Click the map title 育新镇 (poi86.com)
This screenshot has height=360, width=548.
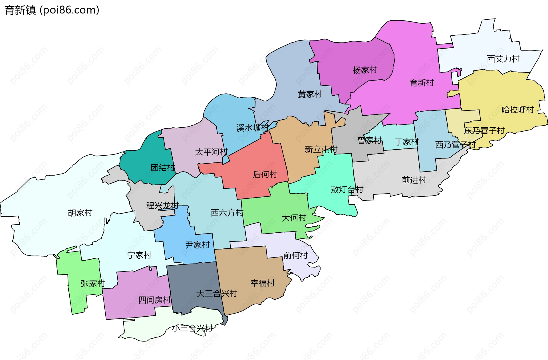pos(52,10)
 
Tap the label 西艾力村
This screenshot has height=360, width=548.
pos(503,59)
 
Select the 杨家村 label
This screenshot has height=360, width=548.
pos(365,70)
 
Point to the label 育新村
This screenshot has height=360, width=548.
pos(422,83)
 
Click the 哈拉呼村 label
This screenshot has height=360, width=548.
pos(517,110)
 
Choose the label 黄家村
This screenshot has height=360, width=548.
pos(310,94)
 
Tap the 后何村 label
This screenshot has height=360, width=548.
pos(265,174)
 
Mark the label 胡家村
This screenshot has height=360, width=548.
pos(80,213)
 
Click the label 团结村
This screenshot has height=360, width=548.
pos(163,168)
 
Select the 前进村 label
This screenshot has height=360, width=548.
pos(414,180)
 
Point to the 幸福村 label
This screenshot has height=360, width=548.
pos(262,283)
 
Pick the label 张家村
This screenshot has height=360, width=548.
pos(93,283)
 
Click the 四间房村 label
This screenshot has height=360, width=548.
pos(154,300)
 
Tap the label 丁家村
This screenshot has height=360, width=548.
pos(407,142)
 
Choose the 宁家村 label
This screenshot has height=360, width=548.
pos(139,255)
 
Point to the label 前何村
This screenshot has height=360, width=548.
pos(295,255)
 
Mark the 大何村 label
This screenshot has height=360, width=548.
pos(294,218)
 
